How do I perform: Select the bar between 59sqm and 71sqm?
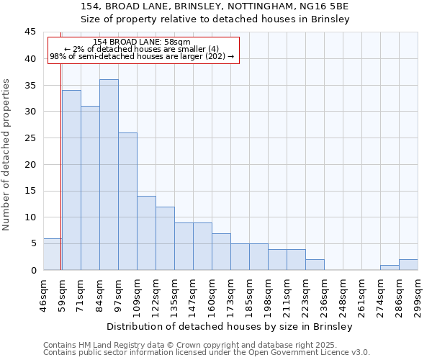point(71,180)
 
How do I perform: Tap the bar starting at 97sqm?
point(127,202)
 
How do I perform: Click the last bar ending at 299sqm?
point(408,264)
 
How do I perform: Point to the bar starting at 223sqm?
point(315,264)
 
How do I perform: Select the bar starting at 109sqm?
point(146,233)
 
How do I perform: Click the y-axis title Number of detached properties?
point(7,155)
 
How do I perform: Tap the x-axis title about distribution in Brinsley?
point(230,326)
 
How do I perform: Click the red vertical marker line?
point(61,166)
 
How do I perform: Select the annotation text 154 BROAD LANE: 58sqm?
point(142,42)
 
